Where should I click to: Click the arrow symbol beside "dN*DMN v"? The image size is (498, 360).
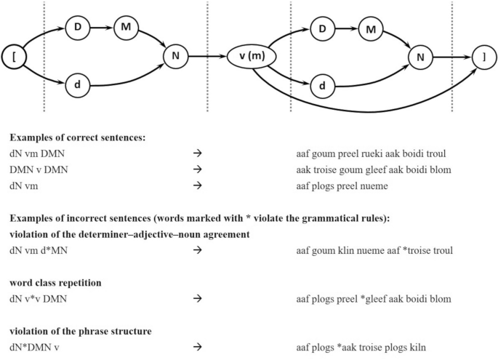(x=196, y=348)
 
